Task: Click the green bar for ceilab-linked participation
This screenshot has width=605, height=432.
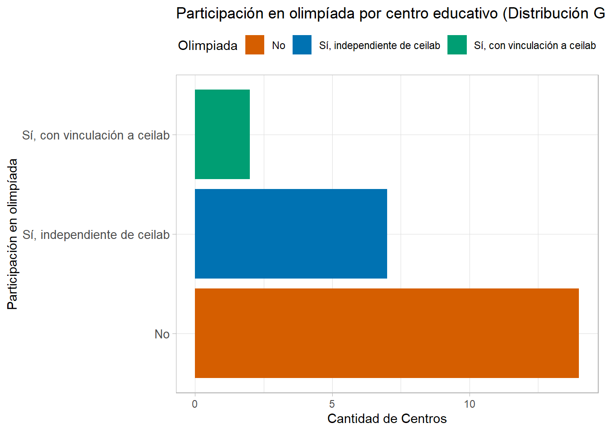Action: pos(222,134)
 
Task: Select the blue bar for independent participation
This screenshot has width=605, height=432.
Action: pos(291,234)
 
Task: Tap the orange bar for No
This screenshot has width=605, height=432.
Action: pos(386,333)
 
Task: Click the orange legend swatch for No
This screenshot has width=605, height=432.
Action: pos(255,45)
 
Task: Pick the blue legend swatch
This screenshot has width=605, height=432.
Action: pos(302,45)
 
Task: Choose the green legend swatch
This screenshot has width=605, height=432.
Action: pos(457,45)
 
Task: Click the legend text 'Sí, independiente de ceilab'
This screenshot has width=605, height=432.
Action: pos(379,45)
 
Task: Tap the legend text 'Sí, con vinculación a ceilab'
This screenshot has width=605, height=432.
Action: pos(535,45)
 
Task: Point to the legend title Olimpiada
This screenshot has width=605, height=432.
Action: pos(208,45)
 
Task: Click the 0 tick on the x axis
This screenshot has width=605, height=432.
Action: pos(194,404)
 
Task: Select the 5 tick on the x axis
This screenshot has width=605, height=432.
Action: pos(332,404)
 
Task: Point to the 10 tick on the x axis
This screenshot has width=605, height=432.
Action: pos(470,404)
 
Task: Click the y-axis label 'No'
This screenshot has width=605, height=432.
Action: pos(162,334)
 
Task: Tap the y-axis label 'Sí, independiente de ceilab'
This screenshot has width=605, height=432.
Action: pos(96,234)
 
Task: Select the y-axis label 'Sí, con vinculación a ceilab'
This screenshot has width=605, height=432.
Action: pos(96,135)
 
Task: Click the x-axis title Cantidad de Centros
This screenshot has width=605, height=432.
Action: pos(387,418)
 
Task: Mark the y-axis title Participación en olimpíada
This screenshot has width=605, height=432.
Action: pos(13,234)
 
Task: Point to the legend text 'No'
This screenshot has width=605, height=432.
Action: pos(279,45)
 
